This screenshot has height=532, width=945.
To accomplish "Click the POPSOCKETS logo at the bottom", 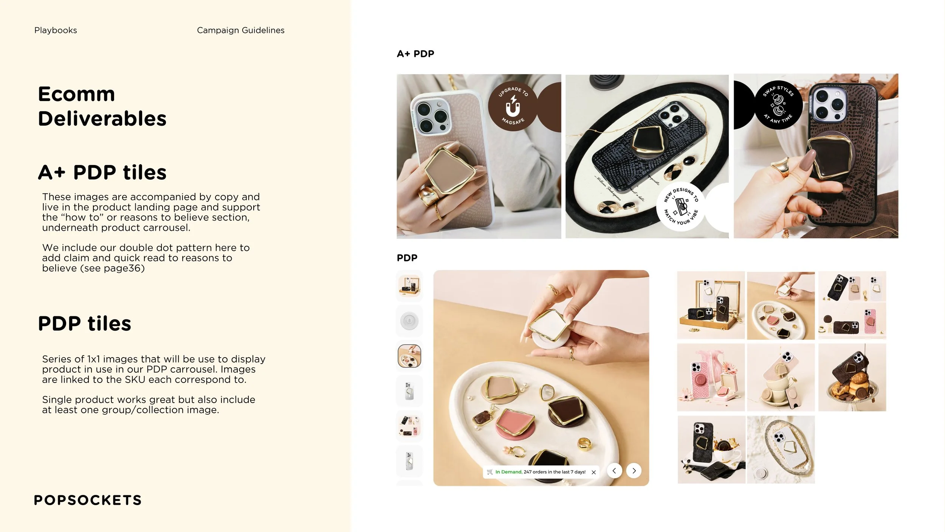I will pos(88,500).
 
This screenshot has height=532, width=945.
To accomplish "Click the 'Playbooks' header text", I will pos(56,30).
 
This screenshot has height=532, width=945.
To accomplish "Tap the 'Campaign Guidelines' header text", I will pos(240,30).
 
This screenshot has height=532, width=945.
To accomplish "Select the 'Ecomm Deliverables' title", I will pos(102,106).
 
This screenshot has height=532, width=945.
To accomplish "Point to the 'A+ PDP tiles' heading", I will pos(102,173).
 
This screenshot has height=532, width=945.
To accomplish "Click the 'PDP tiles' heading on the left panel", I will pos(84,324).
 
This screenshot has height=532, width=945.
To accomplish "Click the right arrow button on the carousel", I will pos(634,471).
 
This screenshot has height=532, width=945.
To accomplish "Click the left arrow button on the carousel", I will pos(614,471).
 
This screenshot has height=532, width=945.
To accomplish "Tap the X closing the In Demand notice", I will pos(593,472).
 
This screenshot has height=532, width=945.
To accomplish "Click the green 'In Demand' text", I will pos(508,472).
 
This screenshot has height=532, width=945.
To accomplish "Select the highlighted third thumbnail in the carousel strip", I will pos(409,356).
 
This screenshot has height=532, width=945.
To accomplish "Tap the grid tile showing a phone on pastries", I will pos(852,377).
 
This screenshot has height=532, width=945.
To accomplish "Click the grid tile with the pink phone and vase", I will pos(711,377).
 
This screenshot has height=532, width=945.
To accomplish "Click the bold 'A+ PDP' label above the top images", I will pos(415,54).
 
